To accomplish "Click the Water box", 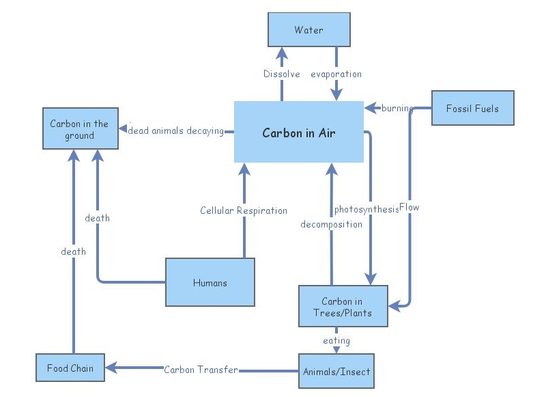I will [308, 30].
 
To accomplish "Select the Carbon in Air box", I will [298, 133].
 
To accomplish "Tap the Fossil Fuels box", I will [472, 109].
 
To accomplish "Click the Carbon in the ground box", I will [80, 129].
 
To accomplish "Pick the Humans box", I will [210, 282].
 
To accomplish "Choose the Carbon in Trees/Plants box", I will [343, 307].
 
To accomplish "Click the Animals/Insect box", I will [336, 372].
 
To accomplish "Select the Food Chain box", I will [70, 368].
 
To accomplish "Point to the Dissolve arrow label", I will [282, 74].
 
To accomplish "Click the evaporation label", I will [336, 74].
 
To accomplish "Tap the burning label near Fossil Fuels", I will [397, 108].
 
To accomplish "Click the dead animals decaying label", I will [176, 131].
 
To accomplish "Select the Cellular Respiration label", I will [244, 210].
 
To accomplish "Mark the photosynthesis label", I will [366, 209].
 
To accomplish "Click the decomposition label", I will [332, 224].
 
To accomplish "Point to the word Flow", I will [409, 207].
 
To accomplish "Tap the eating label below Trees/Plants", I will [336, 340].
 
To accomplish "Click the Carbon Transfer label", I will [201, 370].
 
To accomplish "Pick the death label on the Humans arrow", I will [97, 218].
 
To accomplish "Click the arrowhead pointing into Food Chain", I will [109, 368].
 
